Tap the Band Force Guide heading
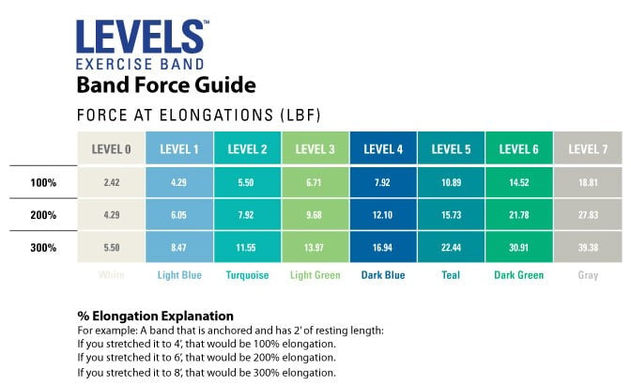click(165, 85)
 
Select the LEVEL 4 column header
click(383, 148)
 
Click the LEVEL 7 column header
click(588, 148)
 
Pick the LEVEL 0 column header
click(111, 148)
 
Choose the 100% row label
click(45, 181)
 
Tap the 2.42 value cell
click(111, 181)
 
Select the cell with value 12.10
click(383, 214)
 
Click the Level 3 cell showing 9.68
click(315, 214)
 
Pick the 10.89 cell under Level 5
click(452, 181)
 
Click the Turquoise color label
click(247, 275)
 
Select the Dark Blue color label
click(383, 275)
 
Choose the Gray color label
click(588, 275)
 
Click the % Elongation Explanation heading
click(155, 316)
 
